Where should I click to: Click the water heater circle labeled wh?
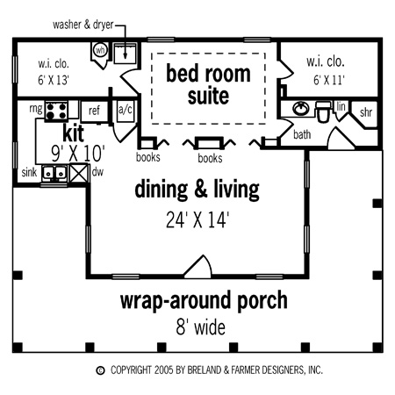(x=100, y=50)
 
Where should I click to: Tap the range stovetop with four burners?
(x=56, y=111)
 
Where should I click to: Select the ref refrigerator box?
(x=94, y=111)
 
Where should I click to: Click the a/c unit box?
(x=126, y=111)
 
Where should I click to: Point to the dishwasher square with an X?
(x=78, y=173)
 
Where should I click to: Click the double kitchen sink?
(x=54, y=173)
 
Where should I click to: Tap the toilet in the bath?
(x=323, y=111)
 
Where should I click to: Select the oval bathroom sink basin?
(x=301, y=109)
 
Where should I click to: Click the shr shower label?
(x=366, y=112)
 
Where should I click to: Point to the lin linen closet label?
(x=341, y=106)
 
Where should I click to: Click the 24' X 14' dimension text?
(x=197, y=219)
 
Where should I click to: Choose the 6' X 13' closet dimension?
(x=54, y=80)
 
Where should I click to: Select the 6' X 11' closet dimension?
(x=329, y=80)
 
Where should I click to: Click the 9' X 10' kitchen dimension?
(x=78, y=154)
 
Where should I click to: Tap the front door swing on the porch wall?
(x=197, y=267)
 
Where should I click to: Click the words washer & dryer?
(x=83, y=25)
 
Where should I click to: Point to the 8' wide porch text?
(x=201, y=327)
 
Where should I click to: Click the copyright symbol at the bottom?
(x=100, y=370)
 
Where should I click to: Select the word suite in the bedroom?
(x=208, y=96)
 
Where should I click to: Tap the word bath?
(x=302, y=134)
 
